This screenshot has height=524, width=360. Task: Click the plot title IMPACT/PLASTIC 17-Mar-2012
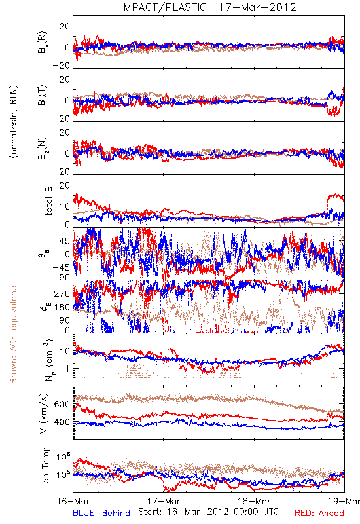coord(208,7)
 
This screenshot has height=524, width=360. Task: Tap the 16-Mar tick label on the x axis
coord(73,501)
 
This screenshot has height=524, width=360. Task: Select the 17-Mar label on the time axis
coord(164,501)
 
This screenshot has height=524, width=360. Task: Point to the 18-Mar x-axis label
coord(254,501)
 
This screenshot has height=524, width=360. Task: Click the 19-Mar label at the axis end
coord(344,501)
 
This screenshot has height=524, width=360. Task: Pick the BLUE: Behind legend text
coord(101,513)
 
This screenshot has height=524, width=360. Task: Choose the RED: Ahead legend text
coord(319,513)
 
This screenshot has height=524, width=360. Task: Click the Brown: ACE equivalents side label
coord(13,333)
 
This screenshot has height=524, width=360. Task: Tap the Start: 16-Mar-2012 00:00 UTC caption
coord(208,512)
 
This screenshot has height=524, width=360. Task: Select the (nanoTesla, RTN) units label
coord(14,122)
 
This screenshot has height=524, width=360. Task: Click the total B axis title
coord(48,201)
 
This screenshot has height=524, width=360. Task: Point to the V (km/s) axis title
coord(44,413)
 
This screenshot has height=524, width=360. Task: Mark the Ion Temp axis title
coord(45,466)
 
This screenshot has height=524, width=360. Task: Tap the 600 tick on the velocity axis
coord(62,404)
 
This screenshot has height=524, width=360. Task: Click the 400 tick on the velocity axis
coord(62,422)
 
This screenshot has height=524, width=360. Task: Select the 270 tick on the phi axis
coord(62,293)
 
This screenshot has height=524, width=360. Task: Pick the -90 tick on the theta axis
coord(61,278)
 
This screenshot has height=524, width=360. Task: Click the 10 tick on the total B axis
coord(65,206)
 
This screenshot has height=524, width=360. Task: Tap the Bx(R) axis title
coord(43,42)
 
